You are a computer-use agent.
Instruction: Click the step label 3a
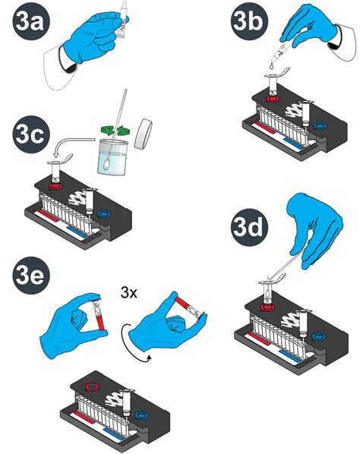[x=31, y=22]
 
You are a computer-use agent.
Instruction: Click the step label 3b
[x=249, y=21]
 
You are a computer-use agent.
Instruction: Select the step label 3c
[x=31, y=134]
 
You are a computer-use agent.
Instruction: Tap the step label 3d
[x=249, y=227]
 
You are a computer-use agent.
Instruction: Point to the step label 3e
[x=31, y=276]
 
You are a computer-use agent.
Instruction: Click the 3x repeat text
[x=129, y=293]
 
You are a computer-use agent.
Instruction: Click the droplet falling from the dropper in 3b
[x=271, y=66]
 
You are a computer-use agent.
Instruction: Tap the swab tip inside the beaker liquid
[x=106, y=165]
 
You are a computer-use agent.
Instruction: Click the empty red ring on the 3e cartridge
[x=93, y=387]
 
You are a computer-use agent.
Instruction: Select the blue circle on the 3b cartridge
[x=320, y=126]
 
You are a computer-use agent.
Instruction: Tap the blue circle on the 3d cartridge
[x=318, y=337]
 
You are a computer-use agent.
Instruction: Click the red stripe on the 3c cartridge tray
[x=48, y=216]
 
